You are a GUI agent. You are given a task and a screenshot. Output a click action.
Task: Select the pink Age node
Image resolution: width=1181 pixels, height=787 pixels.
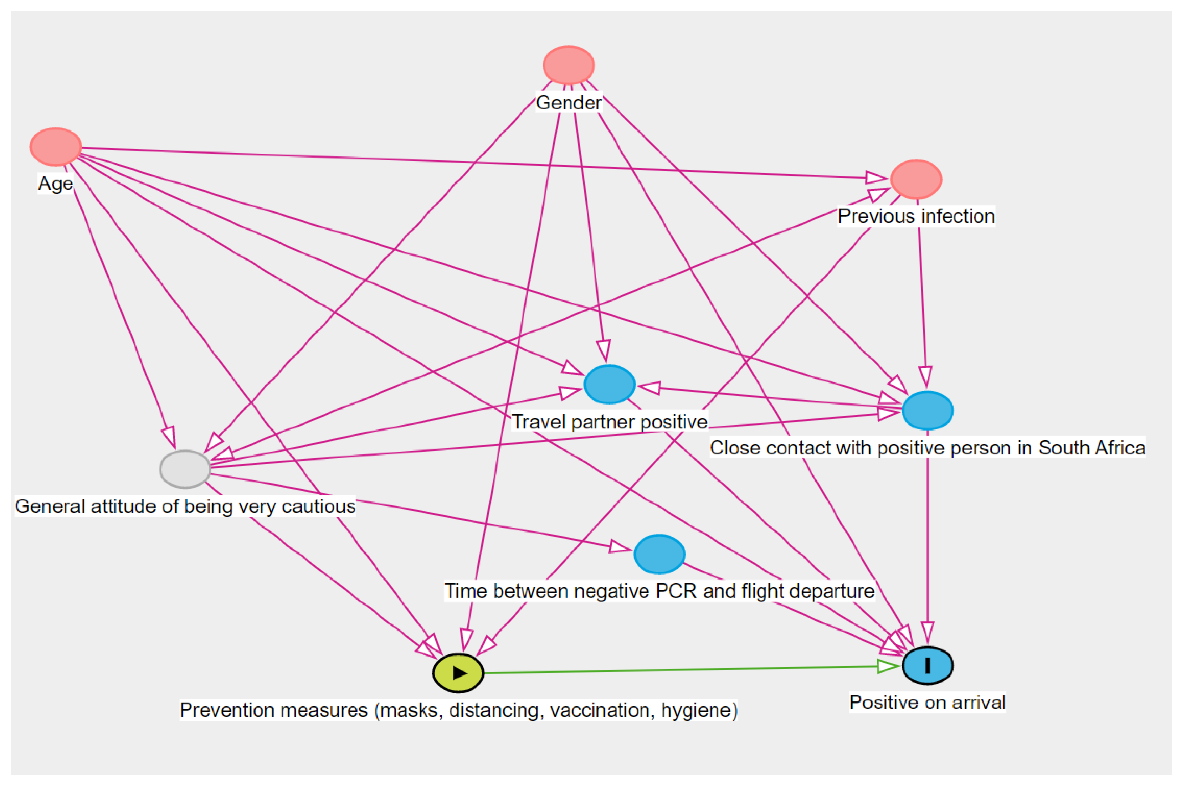pyautogui.click(x=56, y=146)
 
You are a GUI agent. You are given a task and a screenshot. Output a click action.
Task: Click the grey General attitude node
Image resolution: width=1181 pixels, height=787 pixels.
pyautogui.click(x=185, y=469)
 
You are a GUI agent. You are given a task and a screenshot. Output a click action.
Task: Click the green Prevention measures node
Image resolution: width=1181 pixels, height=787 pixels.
pyautogui.click(x=458, y=673)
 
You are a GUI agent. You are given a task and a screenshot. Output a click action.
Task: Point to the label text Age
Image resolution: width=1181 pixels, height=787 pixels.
pyautogui.click(x=56, y=184)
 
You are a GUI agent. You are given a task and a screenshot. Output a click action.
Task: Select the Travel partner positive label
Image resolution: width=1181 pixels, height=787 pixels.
pyautogui.click(x=609, y=422)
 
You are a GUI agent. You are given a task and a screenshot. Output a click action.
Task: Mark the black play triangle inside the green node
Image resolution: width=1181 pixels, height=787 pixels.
pyautogui.click(x=459, y=673)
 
